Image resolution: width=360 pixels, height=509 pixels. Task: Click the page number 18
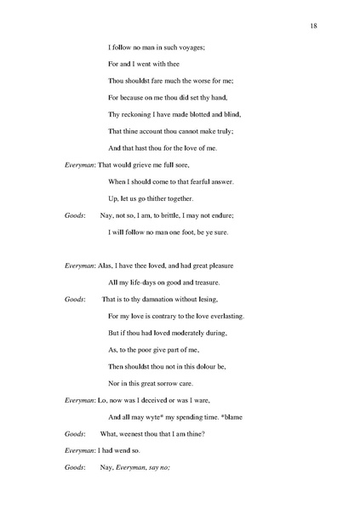pos(314,27)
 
